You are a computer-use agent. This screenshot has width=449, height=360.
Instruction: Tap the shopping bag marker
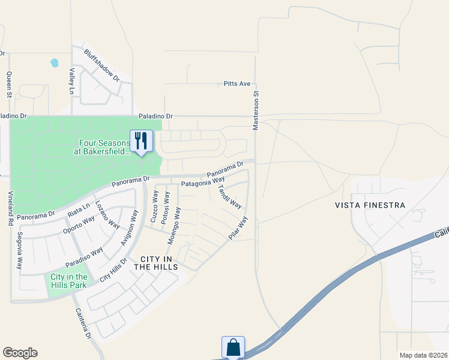(x=233, y=347)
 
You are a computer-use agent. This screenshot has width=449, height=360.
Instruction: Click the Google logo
(x=20, y=353)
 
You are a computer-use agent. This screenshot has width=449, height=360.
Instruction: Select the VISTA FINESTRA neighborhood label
(x=370, y=205)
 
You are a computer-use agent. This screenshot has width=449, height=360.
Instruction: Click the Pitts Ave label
(x=237, y=84)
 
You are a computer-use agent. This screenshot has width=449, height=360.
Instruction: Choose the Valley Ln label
(x=71, y=81)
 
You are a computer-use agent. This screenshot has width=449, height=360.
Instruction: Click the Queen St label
(x=9, y=85)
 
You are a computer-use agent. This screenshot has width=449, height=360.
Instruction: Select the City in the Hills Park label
(x=68, y=280)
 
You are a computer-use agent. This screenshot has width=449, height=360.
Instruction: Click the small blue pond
(x=55, y=62)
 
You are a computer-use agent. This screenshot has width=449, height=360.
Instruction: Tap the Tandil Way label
(x=229, y=196)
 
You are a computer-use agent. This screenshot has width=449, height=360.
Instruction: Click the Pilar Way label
(x=238, y=228)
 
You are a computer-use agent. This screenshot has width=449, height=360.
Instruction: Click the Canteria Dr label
(x=83, y=324)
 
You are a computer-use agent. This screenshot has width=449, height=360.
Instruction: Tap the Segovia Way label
(x=20, y=250)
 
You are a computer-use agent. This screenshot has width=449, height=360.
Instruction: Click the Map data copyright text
(x=423, y=355)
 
